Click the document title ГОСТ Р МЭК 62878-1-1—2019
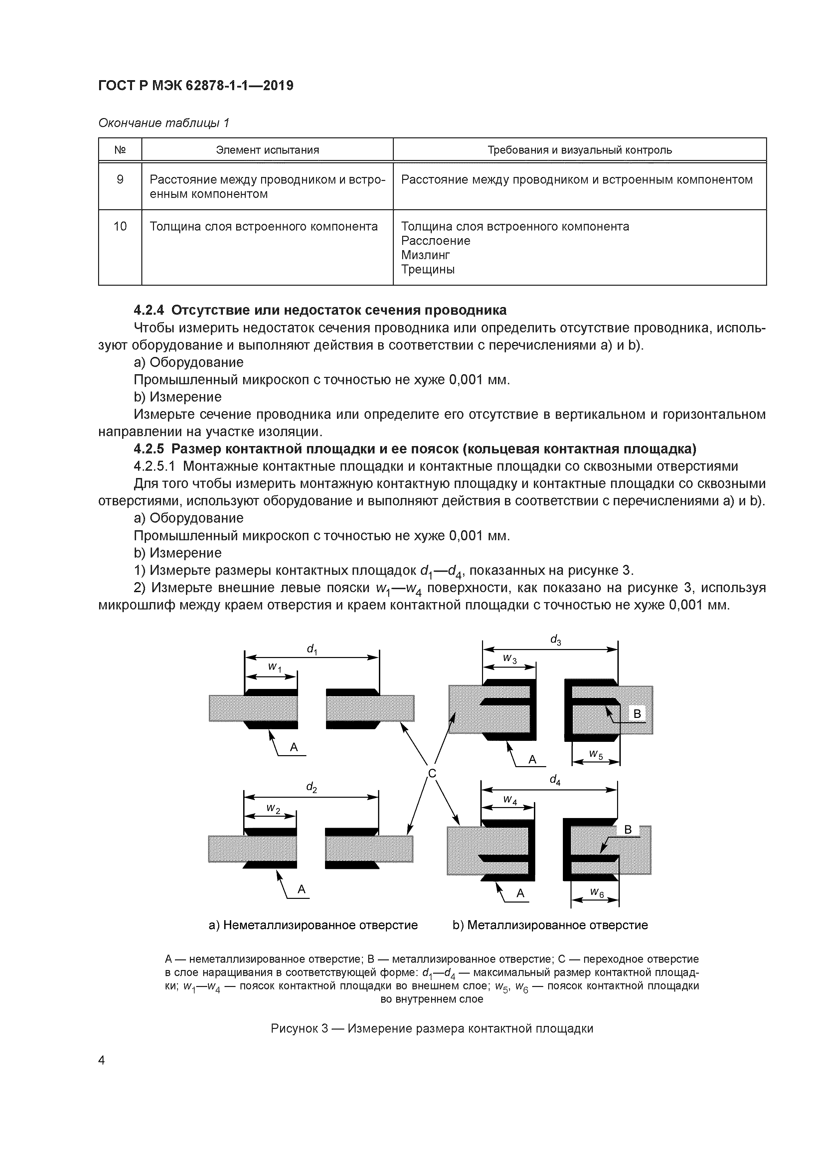pyautogui.click(x=196, y=86)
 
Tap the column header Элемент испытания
pyautogui.click(x=267, y=150)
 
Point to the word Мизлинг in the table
pyautogui.click(x=425, y=255)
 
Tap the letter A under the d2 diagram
pyautogui.click(x=301, y=889)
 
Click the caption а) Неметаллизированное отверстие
pyautogui.click(x=313, y=925)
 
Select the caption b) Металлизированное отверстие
pyautogui.click(x=550, y=925)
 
